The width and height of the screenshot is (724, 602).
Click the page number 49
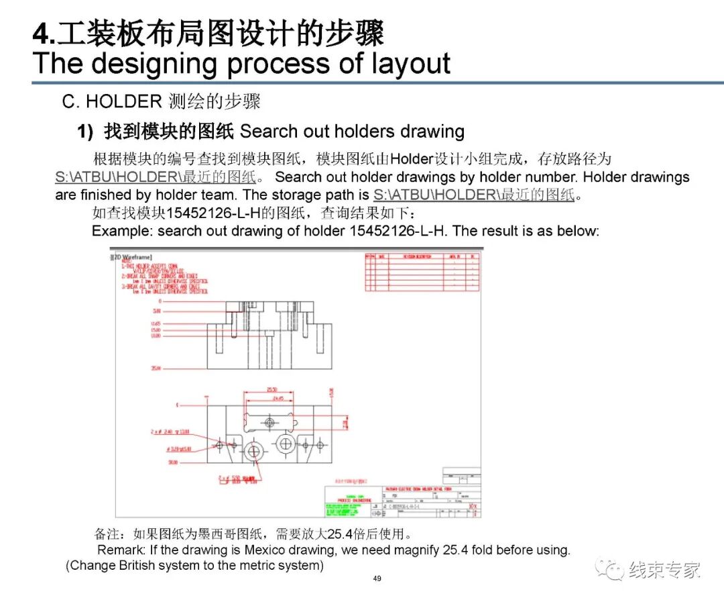pyautogui.click(x=377, y=579)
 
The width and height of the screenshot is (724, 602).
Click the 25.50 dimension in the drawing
pyautogui.click(x=272, y=389)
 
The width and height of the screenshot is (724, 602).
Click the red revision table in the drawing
pyautogui.click(x=422, y=272)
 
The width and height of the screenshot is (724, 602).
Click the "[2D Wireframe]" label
pyautogui.click(x=131, y=257)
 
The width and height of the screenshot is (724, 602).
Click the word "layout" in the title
pyautogui.click(x=409, y=63)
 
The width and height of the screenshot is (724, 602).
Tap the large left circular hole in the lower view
pyautogui.click(x=253, y=451)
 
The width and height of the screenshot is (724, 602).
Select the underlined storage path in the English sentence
pyautogui.click(x=474, y=195)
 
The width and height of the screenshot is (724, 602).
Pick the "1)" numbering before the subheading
pyautogui.click(x=85, y=132)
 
